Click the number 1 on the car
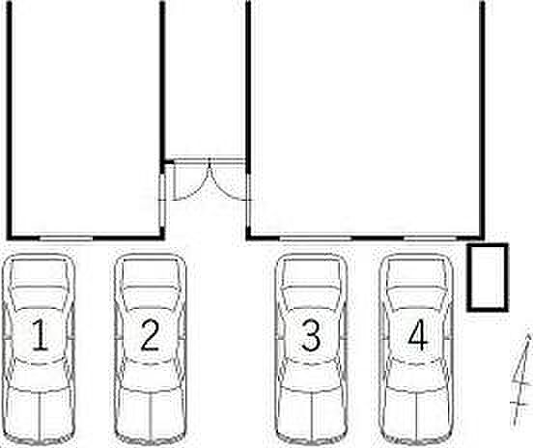[40, 335]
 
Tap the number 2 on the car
[150, 335]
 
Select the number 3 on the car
[311, 335]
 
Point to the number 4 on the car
[418, 335]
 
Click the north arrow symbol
[522, 379]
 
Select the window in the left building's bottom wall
[66, 238]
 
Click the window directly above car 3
[315, 238]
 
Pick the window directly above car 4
[430, 238]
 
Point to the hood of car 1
[40, 273]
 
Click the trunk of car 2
[151, 413]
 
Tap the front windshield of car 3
[311, 298]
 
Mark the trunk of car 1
[40, 413]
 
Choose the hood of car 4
[417, 273]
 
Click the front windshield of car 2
[151, 298]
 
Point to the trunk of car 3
[311, 413]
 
